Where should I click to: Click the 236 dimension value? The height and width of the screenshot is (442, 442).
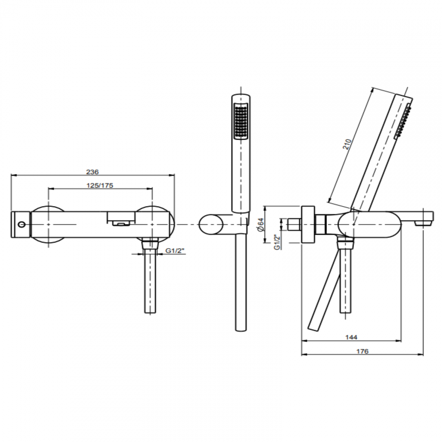(x=92, y=172)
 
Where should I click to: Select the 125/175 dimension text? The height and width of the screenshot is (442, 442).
(x=100, y=185)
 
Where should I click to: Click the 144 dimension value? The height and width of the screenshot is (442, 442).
(x=352, y=337)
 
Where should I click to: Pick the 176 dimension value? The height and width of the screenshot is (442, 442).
(x=362, y=351)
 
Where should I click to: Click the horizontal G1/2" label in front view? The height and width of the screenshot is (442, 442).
(x=175, y=251)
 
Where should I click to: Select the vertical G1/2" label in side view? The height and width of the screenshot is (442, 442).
(x=278, y=242)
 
